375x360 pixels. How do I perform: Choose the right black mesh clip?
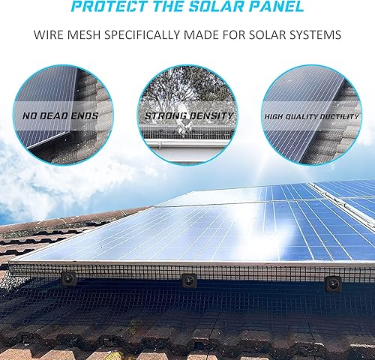click(x=330, y=286)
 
